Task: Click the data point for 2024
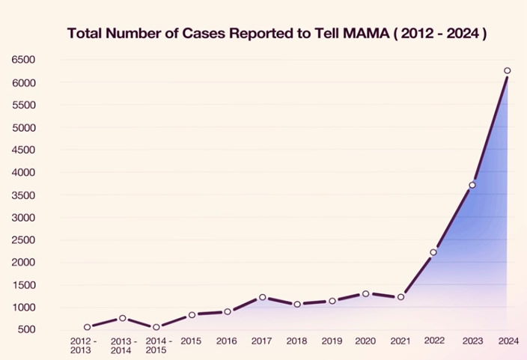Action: pyautogui.click(x=507, y=71)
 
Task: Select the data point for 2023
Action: pyautogui.click(x=472, y=185)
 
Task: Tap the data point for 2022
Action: pyautogui.click(x=433, y=252)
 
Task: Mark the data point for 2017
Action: pyautogui.click(x=262, y=297)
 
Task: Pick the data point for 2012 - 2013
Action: pyautogui.click(x=88, y=327)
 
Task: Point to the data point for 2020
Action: pyautogui.click(x=365, y=293)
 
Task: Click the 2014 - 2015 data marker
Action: pyautogui.click(x=156, y=327)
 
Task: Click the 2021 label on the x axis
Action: pyautogui.click(x=400, y=341)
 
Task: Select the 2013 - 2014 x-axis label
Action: pyautogui.click(x=123, y=346)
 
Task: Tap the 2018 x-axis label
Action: pyautogui.click(x=296, y=341)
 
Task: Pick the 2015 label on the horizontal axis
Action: pyautogui.click(x=192, y=341)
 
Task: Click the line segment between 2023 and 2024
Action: pyautogui.click(x=490, y=128)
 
